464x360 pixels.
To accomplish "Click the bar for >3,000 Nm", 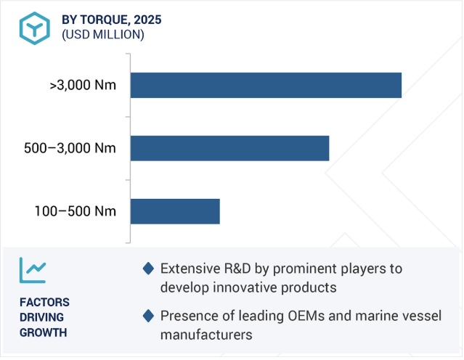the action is pos(266,85).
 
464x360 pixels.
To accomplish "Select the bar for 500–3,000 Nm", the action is pos(229,148).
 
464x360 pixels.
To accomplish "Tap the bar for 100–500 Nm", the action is pos(175,211).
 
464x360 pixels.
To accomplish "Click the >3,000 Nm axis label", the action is pos(83,85).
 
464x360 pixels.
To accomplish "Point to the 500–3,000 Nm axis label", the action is pos(70,148).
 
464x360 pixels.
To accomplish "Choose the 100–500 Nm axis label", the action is pos(76,211).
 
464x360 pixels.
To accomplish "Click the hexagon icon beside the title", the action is pos(35,28).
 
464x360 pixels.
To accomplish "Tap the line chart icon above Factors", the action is pos(33,270).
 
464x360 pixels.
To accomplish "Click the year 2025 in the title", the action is pos(147,20).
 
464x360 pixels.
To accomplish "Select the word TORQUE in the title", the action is pos(105,20).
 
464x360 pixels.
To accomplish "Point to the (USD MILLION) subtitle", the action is pos(103,35).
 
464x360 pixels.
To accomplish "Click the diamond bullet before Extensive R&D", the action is pos(148,269).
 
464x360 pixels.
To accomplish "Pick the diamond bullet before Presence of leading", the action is pos(148,316).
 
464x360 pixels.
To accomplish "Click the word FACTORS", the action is pos(44,303).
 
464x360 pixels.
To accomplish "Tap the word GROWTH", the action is pos(43,333).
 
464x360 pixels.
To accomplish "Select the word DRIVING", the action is pos(41,317).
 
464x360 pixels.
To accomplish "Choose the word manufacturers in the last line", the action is pos(206,335).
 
